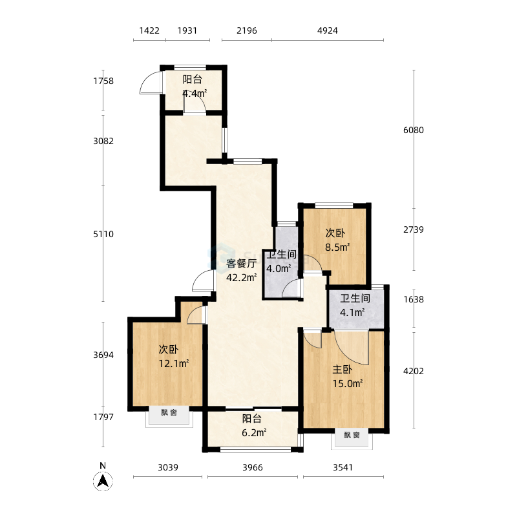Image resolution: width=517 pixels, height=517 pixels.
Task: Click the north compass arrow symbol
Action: pos(103,481)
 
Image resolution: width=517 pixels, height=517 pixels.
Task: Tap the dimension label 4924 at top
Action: pos(328,30)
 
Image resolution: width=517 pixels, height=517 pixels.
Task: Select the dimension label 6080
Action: pos(414,130)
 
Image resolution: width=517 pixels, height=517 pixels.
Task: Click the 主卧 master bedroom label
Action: pos(343,370)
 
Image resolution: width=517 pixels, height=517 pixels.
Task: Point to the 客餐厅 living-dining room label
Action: pos(241,264)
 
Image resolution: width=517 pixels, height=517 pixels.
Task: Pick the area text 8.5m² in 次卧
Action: pos(337,247)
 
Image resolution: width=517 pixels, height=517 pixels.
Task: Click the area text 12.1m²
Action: pos(174,363)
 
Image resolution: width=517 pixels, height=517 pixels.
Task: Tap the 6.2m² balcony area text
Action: pos(254,432)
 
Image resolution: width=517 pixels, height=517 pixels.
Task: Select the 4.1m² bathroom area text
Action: pos(352,312)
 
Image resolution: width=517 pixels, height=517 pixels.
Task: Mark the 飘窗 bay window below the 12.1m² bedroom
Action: pos(169,416)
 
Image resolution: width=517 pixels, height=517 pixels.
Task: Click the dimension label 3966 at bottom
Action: pos(253,467)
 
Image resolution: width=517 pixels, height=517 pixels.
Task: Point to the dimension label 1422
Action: pos(149,30)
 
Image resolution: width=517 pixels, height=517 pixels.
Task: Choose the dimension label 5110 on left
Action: pos(103,234)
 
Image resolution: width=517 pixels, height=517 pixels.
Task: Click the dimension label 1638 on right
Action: pos(414,299)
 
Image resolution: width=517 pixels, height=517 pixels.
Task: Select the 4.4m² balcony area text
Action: pos(195,93)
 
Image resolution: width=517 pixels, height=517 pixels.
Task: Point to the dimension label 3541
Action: pos(343,467)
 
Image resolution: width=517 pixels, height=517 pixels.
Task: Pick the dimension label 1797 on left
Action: pos(103,417)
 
